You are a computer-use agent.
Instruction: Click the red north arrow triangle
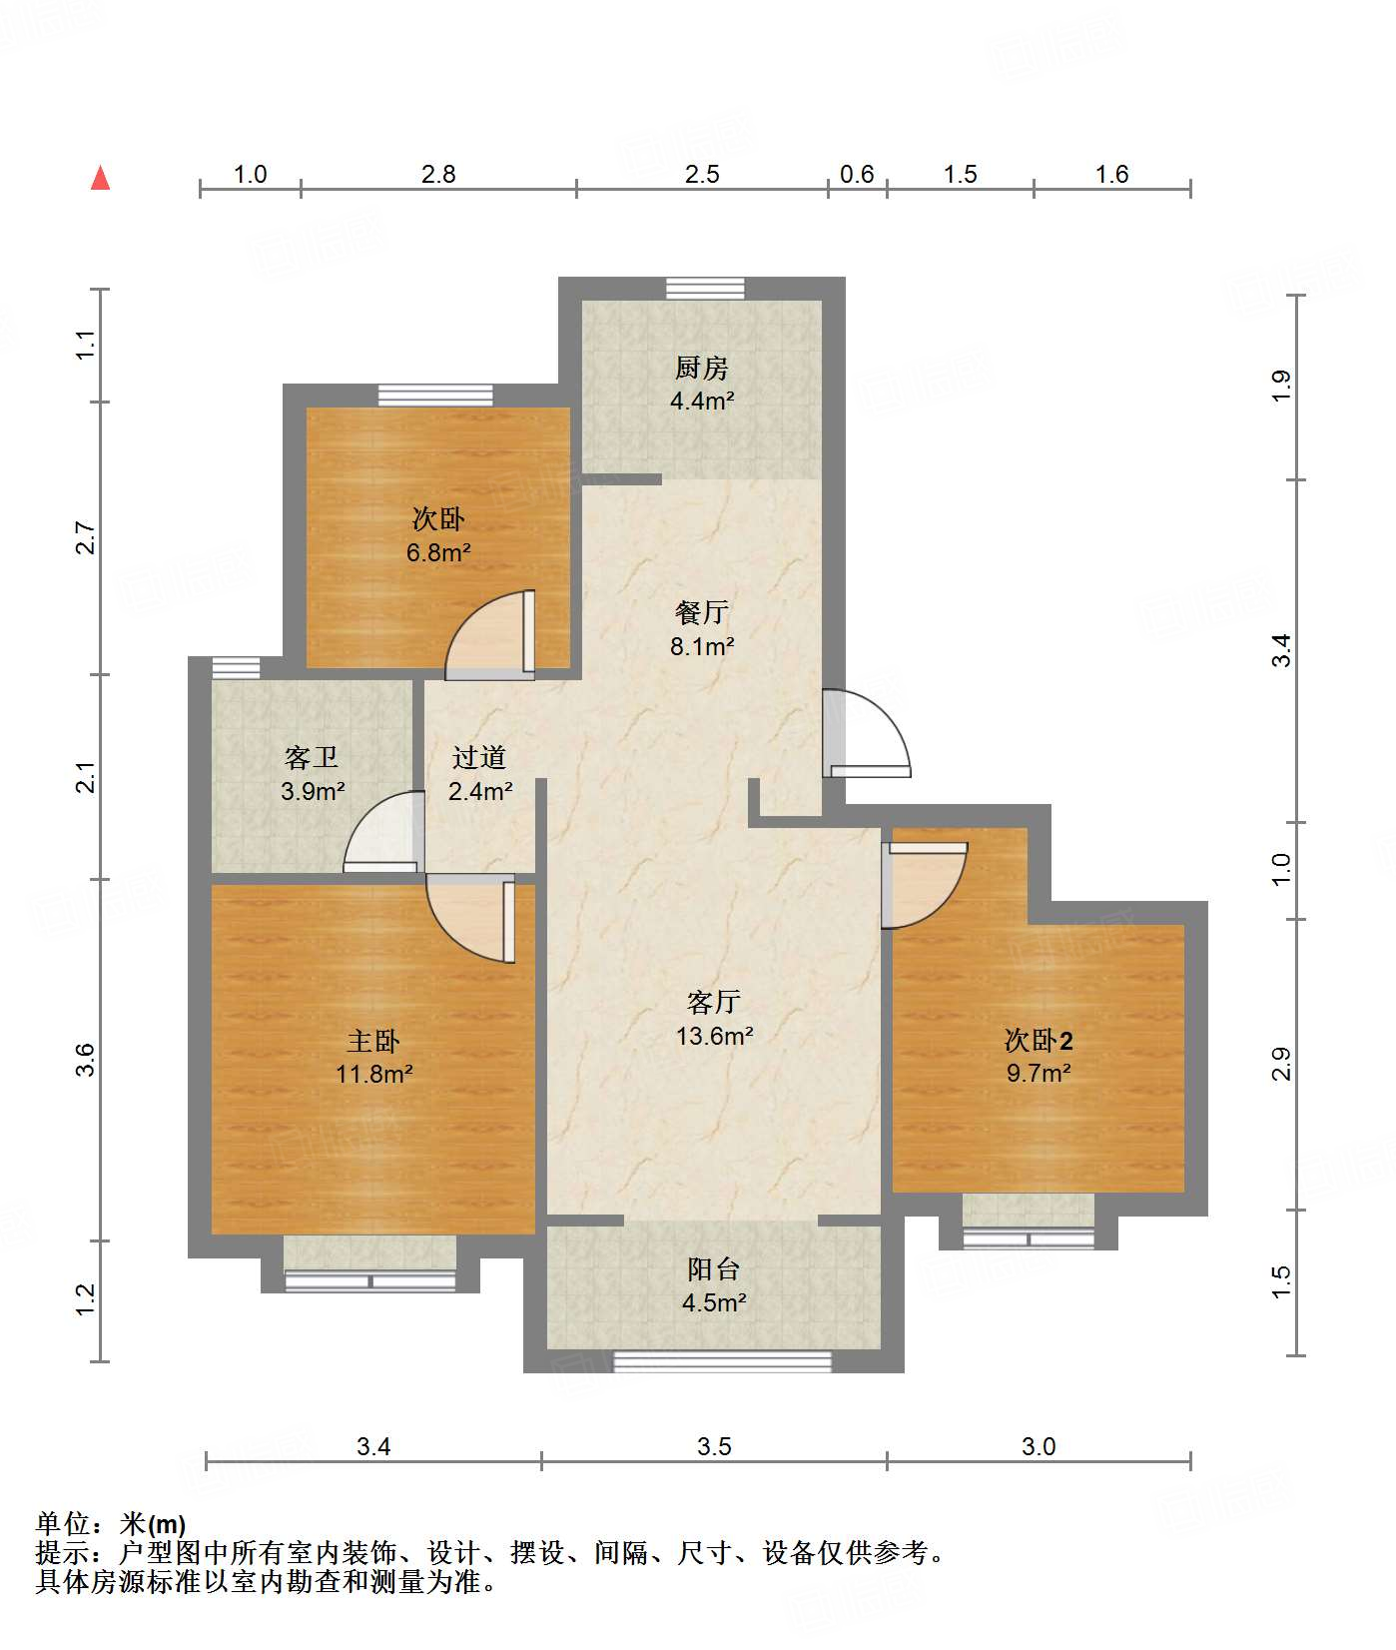[x=100, y=179]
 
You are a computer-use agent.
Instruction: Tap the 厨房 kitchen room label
[x=701, y=369]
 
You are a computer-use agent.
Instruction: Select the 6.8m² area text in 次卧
[x=438, y=552]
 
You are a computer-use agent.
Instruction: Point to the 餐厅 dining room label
[x=701, y=612]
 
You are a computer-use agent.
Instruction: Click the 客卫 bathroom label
[x=312, y=758]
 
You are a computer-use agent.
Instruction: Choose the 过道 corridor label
[x=479, y=758]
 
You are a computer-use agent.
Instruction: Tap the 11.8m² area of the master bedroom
[x=374, y=1075]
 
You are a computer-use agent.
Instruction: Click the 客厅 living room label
[x=714, y=1002]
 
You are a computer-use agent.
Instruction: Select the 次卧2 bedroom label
[x=1039, y=1041]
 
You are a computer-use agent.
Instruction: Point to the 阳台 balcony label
[x=714, y=1269]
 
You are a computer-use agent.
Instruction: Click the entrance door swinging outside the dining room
[x=867, y=734]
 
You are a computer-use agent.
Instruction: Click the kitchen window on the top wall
[x=705, y=289]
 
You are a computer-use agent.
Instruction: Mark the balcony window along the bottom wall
[x=721, y=1361]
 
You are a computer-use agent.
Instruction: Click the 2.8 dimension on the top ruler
[x=437, y=175]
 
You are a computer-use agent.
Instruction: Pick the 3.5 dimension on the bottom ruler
[x=714, y=1446]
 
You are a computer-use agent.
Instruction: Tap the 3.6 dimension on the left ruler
[x=86, y=1059]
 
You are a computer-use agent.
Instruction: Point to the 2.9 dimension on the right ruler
[x=1281, y=1063]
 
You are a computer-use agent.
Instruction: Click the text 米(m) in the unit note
[x=153, y=1524]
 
